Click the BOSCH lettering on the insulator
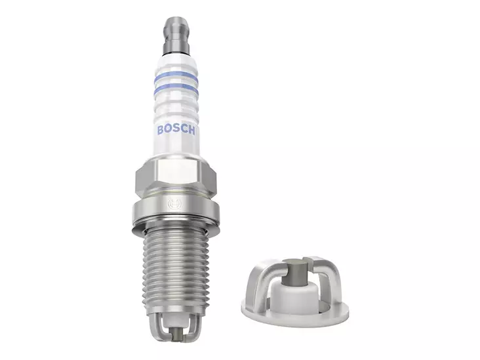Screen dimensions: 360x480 [176, 129]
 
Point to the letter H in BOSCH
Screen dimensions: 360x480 [192, 129]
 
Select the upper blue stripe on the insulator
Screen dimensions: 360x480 [175, 77]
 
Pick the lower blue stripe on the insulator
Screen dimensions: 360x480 [175, 87]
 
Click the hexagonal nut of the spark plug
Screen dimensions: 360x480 [176, 176]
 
